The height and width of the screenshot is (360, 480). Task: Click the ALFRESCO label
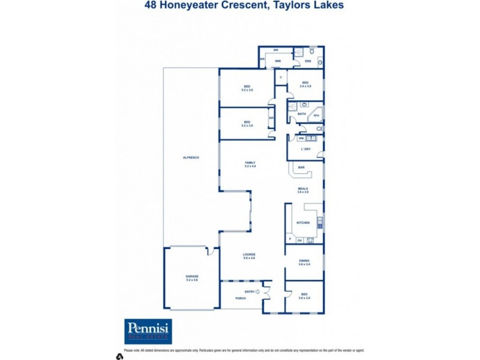click(191, 157)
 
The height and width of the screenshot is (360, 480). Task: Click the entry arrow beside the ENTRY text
click(259, 292)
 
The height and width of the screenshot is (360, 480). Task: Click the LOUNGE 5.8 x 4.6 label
click(249, 256)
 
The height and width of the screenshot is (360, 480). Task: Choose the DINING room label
click(304, 262)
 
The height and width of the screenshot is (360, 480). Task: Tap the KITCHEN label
click(303, 223)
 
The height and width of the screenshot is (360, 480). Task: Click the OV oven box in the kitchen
click(299, 240)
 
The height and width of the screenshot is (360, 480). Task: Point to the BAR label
click(300, 167)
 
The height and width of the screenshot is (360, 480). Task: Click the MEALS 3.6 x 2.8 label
click(303, 190)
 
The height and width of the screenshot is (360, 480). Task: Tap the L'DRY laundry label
click(305, 149)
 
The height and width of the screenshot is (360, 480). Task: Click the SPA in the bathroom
click(316, 116)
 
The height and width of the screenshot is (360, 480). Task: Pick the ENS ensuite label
click(308, 61)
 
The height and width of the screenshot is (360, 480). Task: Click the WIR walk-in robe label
click(278, 61)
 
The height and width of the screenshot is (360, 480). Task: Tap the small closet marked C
click(280, 77)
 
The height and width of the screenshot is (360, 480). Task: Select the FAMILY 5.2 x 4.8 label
click(250, 164)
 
